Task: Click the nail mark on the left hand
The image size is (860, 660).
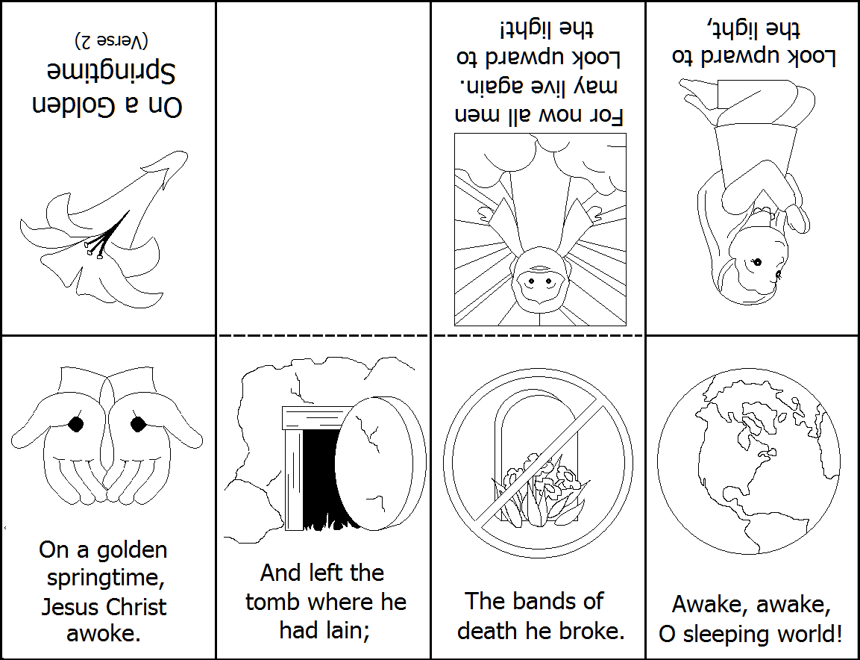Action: point(75,424)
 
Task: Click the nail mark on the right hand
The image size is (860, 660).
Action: point(137,424)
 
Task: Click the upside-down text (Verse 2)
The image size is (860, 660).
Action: point(111,39)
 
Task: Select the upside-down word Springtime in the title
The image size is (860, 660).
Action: point(110,72)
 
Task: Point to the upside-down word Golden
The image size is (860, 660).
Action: point(72,105)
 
